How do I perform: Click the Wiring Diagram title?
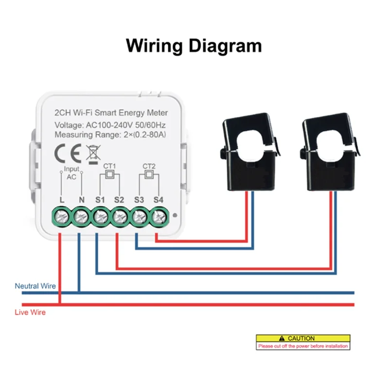click(194, 46)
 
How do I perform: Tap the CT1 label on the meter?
click(109, 166)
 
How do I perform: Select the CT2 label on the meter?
click(149, 166)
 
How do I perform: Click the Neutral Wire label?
click(35, 286)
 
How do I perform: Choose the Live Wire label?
click(30, 312)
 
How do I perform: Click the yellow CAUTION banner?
click(303, 338)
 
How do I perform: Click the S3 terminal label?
click(139, 199)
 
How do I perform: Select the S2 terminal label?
click(119, 199)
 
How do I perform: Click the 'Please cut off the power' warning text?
click(303, 346)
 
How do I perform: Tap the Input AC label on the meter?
click(71, 173)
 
